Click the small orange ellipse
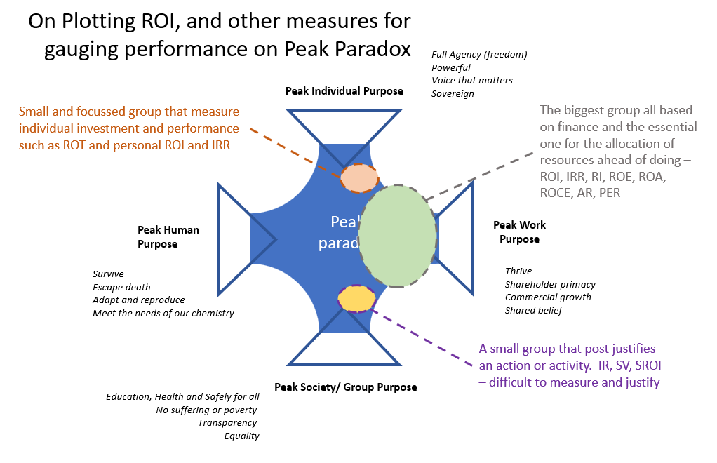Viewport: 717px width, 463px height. point(359,178)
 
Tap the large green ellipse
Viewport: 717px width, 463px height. point(398,236)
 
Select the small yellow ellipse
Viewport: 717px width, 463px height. point(356,298)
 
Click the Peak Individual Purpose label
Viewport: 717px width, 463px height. point(344,91)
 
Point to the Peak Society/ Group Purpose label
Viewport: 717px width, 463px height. point(345,387)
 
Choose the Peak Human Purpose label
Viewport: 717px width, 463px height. point(168,237)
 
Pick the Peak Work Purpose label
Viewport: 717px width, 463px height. point(519,232)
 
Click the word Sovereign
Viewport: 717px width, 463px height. point(453,94)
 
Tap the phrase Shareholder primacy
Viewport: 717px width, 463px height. point(550,284)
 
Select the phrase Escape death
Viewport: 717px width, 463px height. point(121,287)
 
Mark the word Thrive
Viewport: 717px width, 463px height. point(518,271)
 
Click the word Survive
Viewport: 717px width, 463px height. point(108,274)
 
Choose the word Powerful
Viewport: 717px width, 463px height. point(451,68)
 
